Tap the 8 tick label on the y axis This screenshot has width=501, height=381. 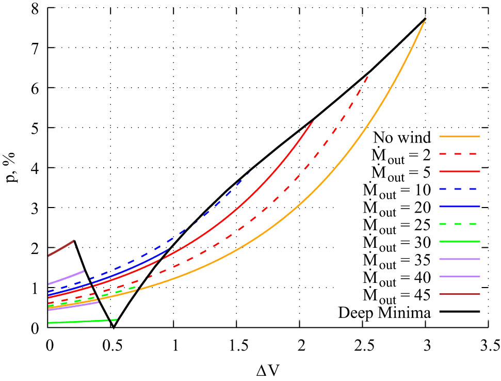(37, 7)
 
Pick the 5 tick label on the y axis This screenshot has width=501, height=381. (37, 128)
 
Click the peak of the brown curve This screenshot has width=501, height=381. (75, 241)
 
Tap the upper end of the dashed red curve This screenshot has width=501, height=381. (368, 75)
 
